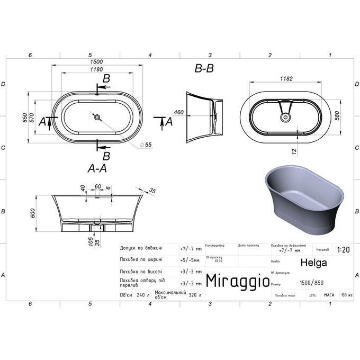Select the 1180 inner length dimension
[x=96, y=69]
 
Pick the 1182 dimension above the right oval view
[x=285, y=78]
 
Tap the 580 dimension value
[x=337, y=117]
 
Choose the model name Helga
[x=313, y=262]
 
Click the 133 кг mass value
[x=347, y=295]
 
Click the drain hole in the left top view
[x=97, y=117]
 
